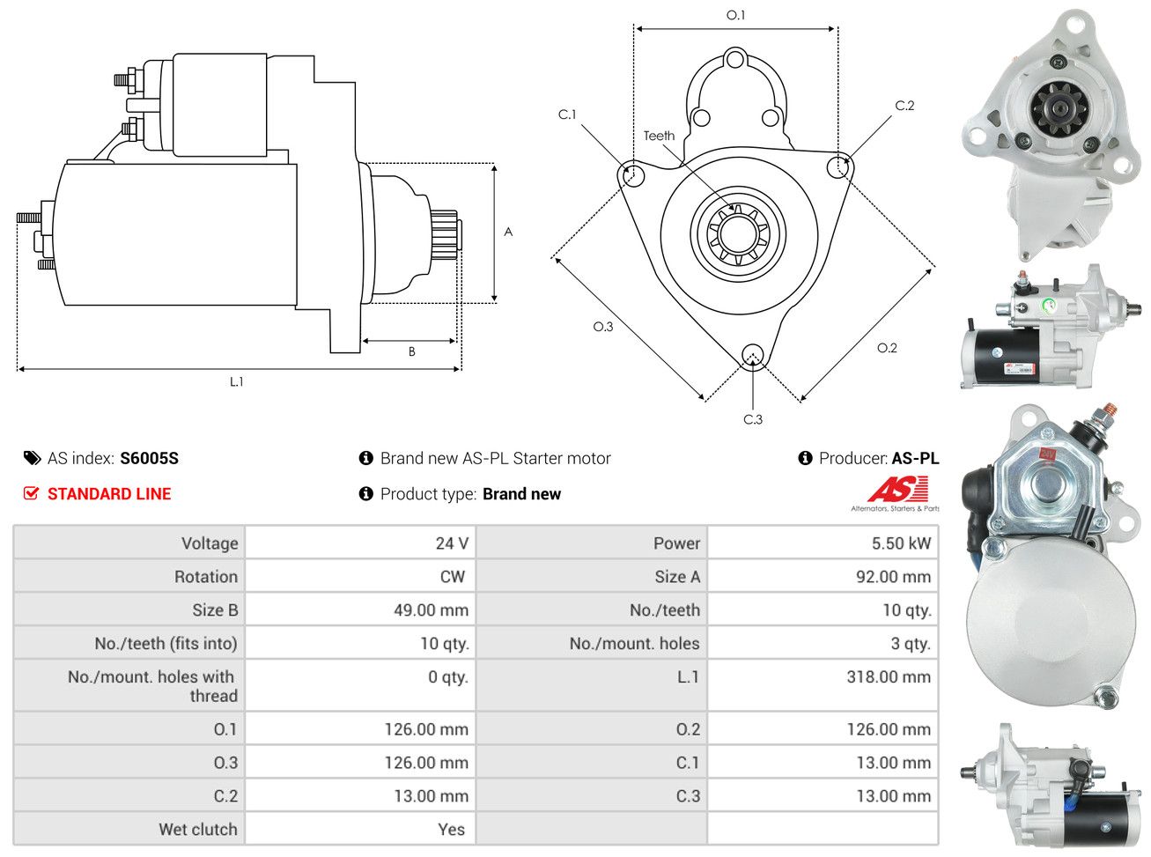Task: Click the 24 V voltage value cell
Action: [452, 543]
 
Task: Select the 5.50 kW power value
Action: [900, 543]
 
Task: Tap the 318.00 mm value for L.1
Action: [888, 676]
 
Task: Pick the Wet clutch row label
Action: [198, 829]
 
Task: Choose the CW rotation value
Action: [452, 577]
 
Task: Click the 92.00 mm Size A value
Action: [893, 577]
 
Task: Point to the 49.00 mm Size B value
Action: [431, 610]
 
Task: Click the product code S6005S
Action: [149, 458]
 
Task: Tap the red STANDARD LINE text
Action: [109, 494]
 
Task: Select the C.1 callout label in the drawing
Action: [567, 115]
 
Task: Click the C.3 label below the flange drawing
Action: [753, 419]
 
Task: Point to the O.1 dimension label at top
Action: [735, 15]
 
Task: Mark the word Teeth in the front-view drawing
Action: [659, 136]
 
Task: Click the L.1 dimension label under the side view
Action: [236, 381]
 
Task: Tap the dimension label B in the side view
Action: [411, 351]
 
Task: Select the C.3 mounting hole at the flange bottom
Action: [752, 355]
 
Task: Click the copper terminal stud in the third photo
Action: [1108, 412]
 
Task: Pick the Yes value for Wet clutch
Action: [451, 829]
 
